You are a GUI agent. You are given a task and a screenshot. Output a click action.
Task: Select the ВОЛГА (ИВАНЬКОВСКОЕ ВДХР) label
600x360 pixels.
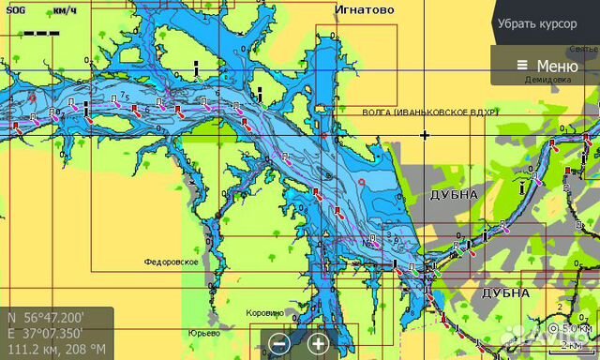[430, 112]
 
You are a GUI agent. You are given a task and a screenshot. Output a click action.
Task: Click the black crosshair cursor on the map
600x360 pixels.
[425, 135]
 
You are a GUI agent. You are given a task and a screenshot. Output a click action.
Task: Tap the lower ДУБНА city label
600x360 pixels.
[505, 292]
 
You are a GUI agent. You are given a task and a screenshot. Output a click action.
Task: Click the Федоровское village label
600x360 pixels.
[171, 262]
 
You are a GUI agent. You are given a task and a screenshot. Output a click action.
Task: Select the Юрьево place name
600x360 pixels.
[203, 333]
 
